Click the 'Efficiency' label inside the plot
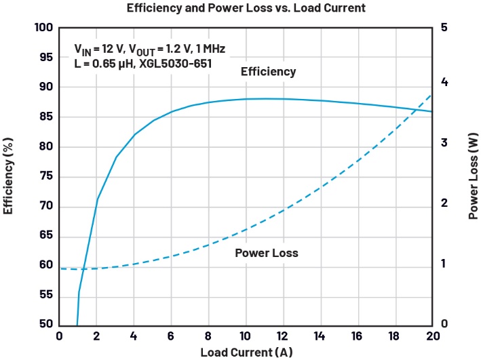tap(269, 71)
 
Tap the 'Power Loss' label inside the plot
tap(267, 253)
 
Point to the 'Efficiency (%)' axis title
tap(9, 176)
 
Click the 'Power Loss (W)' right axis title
tap(472, 176)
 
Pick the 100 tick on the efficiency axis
tap(43, 28)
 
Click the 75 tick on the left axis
tap(45, 176)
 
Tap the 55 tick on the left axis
tap(45, 295)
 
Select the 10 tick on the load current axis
tap(245, 336)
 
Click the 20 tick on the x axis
tap(431, 336)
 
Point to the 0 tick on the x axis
tap(59, 336)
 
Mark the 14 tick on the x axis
tap(320, 336)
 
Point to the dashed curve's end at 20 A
tap(431, 94)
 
